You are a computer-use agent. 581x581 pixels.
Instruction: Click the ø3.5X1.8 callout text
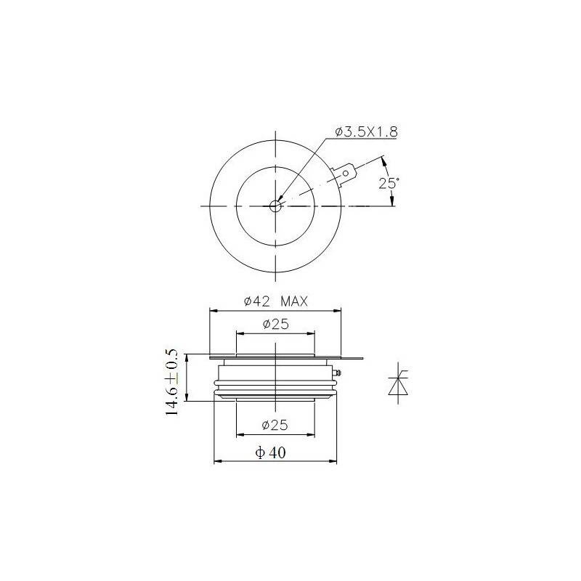click(366, 131)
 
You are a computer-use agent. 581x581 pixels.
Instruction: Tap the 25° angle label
click(389, 183)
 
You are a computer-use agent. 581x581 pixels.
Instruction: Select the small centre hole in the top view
click(275, 206)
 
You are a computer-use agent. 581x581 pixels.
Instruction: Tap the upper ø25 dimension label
click(275, 324)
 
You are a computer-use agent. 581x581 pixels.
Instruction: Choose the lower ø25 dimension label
click(275, 424)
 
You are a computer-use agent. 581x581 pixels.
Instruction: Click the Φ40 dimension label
click(271, 452)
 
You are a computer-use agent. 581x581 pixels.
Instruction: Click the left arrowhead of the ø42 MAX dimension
click(213, 310)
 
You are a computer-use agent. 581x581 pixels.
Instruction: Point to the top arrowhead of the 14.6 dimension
click(187, 357)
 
